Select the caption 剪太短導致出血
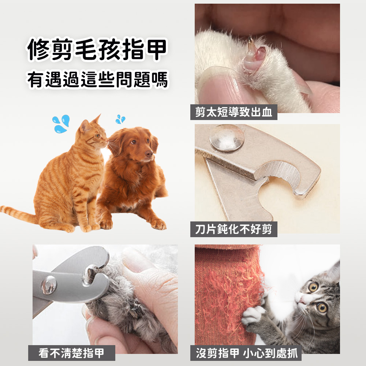point(234,112)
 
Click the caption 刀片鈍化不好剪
point(234,229)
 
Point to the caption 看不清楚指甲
point(72,353)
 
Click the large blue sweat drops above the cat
point(61,123)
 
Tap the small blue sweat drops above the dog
point(120,119)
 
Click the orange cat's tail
point(18,213)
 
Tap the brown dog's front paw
point(158,224)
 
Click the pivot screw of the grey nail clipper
point(49,285)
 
